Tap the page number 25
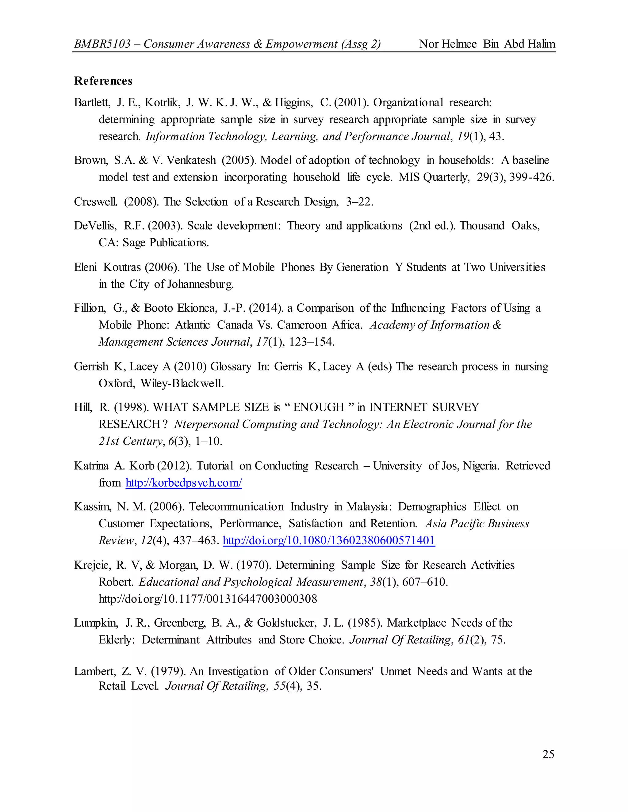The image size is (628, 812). click(548, 754)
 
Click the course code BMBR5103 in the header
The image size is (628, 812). click(102, 44)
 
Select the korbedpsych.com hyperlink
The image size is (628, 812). click(184, 483)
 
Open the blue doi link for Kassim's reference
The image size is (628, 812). click(329, 540)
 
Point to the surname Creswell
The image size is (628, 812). click(96, 202)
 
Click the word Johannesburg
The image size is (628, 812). click(200, 284)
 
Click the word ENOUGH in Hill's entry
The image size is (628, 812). click(319, 407)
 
